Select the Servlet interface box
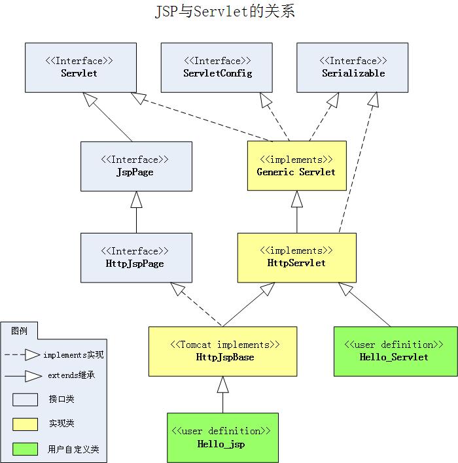tap(80, 67)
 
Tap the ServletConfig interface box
tap(217, 67)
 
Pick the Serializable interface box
tap(352, 67)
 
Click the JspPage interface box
tap(136, 166)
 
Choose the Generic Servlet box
tap(296, 166)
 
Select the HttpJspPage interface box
tap(136, 257)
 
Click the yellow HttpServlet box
tap(296, 257)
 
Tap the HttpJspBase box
tap(222, 351)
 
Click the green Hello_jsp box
tap(222, 437)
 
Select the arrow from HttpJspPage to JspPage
tap(136, 212)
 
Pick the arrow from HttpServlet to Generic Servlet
tap(297, 212)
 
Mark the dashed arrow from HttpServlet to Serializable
tap(357, 163)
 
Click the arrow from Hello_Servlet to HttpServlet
tap(366, 306)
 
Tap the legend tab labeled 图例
tap(19, 330)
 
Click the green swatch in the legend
tap(26, 449)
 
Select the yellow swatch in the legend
tap(26, 424)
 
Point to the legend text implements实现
tap(73, 355)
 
